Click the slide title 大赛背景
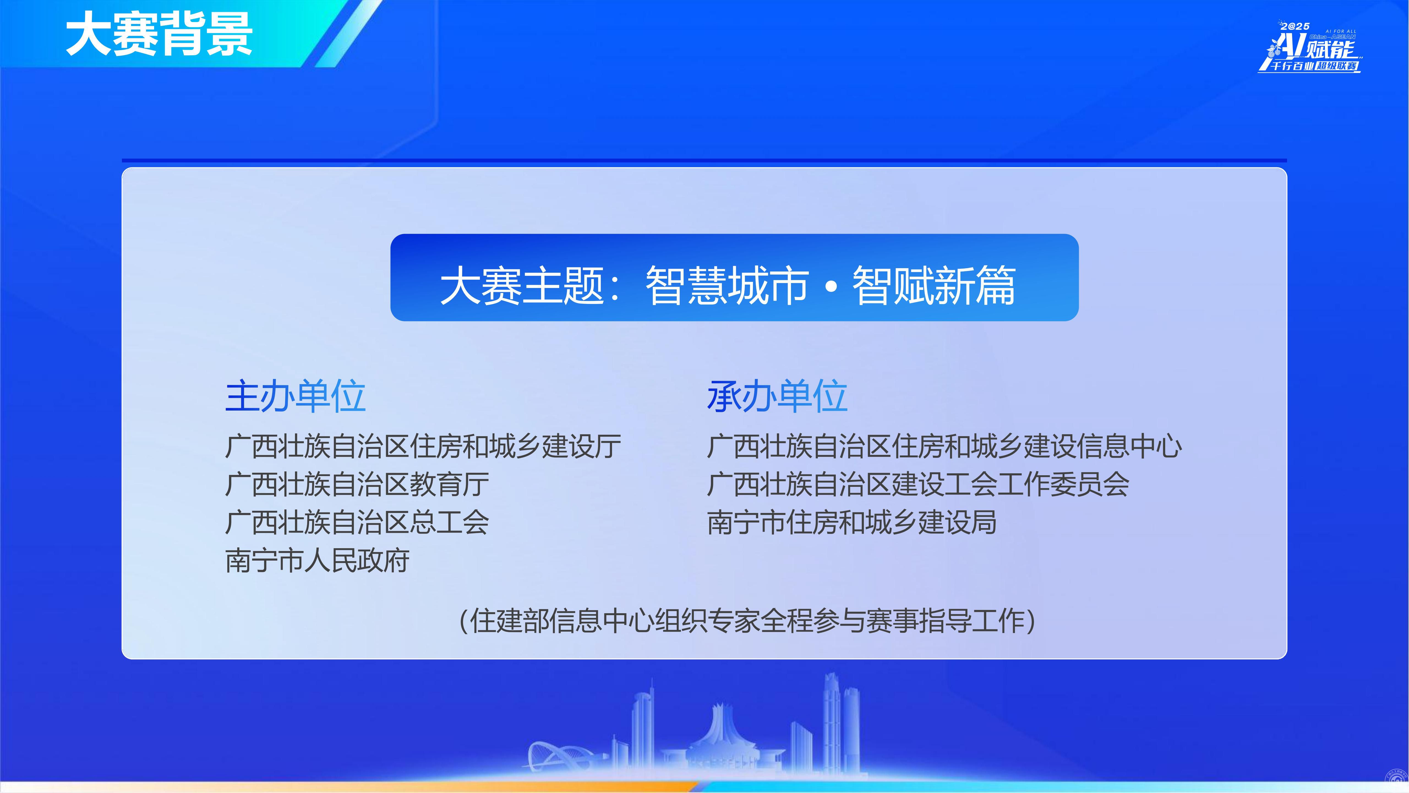(x=159, y=34)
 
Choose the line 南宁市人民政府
(x=317, y=560)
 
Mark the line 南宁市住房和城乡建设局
(x=852, y=522)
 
